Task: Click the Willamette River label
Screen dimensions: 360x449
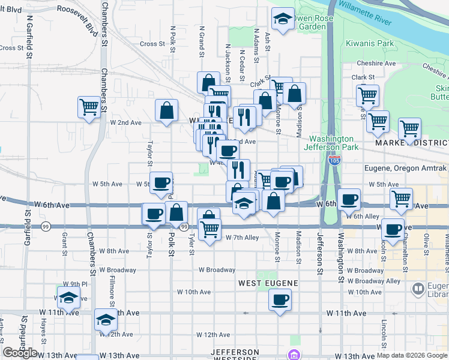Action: point(364,13)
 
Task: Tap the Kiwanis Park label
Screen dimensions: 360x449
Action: point(369,43)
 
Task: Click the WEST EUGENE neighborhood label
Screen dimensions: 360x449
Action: point(268,282)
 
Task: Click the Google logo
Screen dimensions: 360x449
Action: point(20,353)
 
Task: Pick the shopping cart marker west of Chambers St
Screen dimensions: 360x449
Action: point(89,107)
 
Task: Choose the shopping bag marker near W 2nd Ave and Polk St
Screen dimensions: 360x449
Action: point(167,110)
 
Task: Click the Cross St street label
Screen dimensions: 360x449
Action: point(152,44)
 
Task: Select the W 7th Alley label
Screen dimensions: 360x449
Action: point(242,238)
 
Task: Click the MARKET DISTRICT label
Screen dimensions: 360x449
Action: point(412,143)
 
